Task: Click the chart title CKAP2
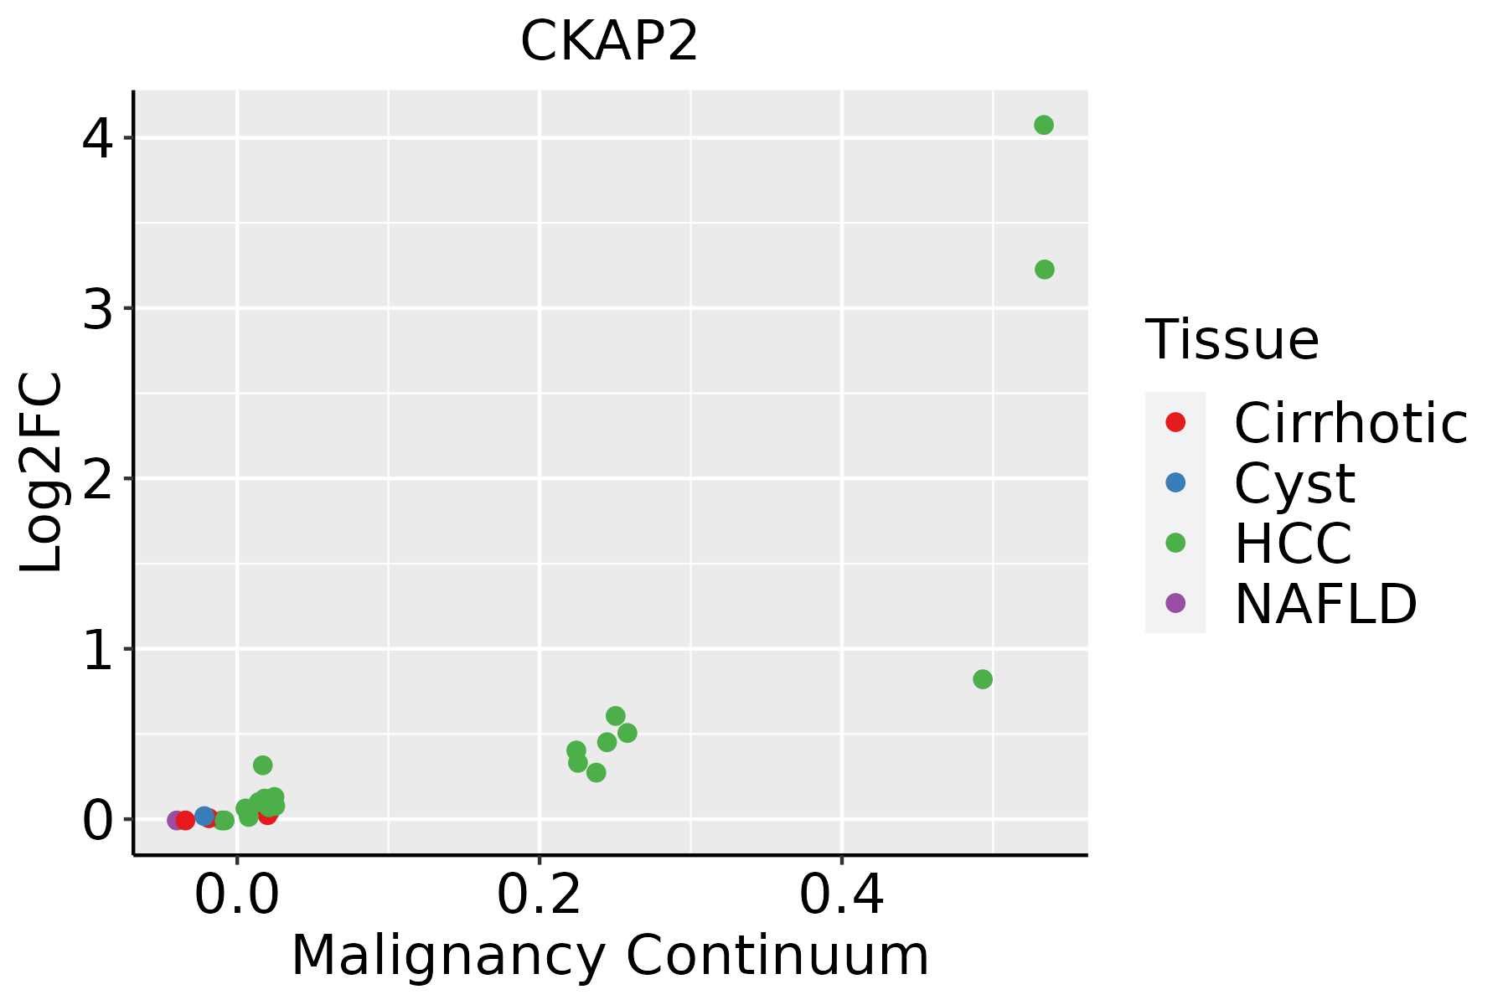pyautogui.click(x=609, y=41)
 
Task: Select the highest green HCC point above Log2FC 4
pyautogui.click(x=1043, y=126)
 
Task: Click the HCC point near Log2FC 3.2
pyautogui.click(x=1044, y=270)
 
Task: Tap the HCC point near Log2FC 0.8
pyautogui.click(x=983, y=679)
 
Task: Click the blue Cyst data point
pyautogui.click(x=204, y=816)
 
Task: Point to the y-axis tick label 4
pyautogui.click(x=97, y=139)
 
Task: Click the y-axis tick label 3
pyautogui.click(x=97, y=309)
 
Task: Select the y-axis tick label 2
pyautogui.click(x=97, y=480)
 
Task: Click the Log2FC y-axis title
pyautogui.click(x=42, y=472)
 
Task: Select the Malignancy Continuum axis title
pyautogui.click(x=610, y=956)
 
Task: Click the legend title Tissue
pyautogui.click(x=1232, y=339)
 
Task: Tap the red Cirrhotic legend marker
pyautogui.click(x=1175, y=422)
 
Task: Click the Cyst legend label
pyautogui.click(x=1294, y=483)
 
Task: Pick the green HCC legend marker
pyautogui.click(x=1175, y=543)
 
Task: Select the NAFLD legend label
pyautogui.click(x=1325, y=603)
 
